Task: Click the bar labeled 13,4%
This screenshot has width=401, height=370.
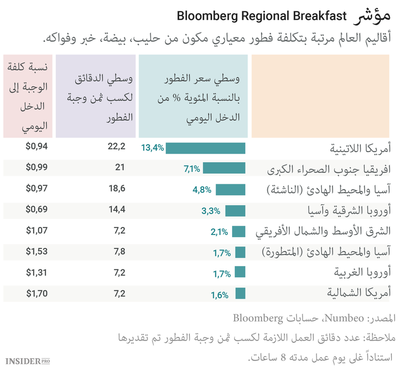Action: tap(205, 148)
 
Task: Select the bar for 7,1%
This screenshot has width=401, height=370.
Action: tap(224, 169)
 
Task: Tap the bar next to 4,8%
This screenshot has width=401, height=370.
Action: tap(230, 190)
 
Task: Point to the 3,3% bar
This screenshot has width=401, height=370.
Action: tap(235, 210)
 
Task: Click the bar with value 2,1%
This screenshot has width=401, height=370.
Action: tap(238, 231)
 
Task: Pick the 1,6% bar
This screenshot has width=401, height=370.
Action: tap(240, 294)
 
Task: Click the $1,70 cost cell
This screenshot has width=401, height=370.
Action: tap(37, 293)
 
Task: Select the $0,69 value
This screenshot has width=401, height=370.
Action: tap(37, 210)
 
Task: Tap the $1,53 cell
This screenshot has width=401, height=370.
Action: tap(37, 252)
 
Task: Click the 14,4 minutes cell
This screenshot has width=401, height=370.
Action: tap(116, 210)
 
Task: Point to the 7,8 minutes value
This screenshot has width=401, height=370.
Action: tap(118, 252)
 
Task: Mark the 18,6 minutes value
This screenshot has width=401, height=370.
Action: tap(116, 189)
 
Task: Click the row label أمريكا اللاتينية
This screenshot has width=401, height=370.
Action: tap(359, 148)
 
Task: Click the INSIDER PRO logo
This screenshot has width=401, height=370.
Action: tap(27, 360)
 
